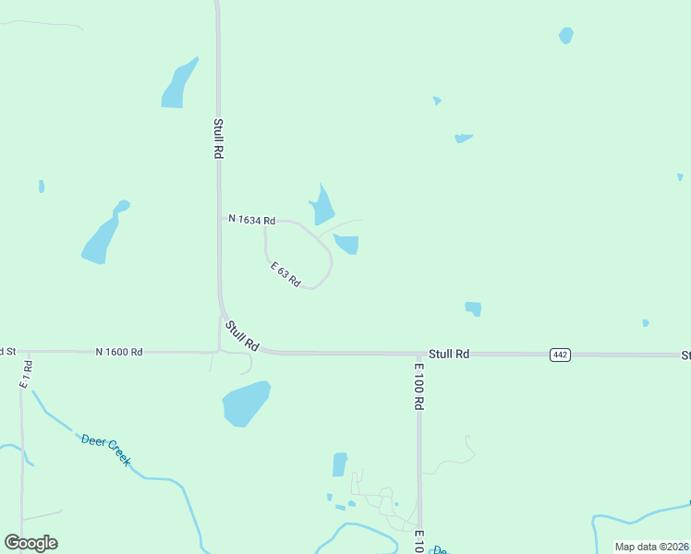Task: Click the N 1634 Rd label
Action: click(x=252, y=220)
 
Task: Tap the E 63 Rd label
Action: click(x=285, y=274)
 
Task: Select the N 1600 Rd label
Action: click(x=119, y=352)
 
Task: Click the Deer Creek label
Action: click(x=105, y=450)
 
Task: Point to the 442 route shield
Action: click(x=559, y=355)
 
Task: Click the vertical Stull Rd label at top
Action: click(x=218, y=138)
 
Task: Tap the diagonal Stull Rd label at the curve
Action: click(x=243, y=335)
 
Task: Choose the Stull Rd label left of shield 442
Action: click(x=449, y=354)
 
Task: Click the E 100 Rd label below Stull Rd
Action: click(x=418, y=386)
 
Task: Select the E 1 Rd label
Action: click(x=27, y=372)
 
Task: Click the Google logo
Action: click(x=30, y=542)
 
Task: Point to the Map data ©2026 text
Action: click(x=650, y=547)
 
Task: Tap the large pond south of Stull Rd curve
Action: click(x=246, y=403)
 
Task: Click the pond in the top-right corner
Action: click(x=565, y=36)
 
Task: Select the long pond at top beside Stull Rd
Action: click(x=178, y=85)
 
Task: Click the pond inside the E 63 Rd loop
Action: click(x=347, y=244)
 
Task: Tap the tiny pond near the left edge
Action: click(x=42, y=187)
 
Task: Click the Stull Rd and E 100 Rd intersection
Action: click(x=418, y=354)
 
